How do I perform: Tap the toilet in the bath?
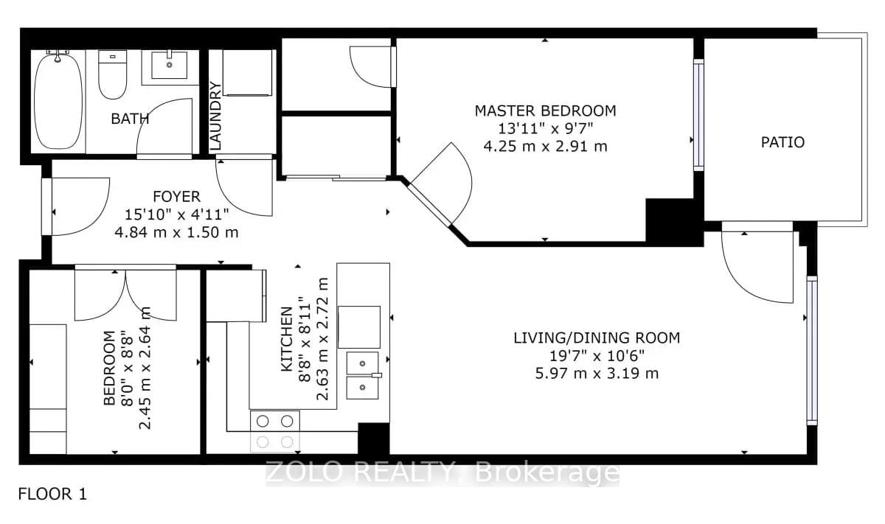click(x=113, y=76)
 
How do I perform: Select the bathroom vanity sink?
click(x=172, y=65)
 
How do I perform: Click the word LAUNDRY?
click(x=216, y=116)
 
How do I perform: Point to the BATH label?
click(x=130, y=119)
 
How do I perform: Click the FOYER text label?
click(x=176, y=197)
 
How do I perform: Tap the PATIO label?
click(x=782, y=142)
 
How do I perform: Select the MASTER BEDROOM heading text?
click(x=544, y=111)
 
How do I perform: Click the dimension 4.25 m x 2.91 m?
click(x=544, y=146)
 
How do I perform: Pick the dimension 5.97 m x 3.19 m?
click(x=596, y=373)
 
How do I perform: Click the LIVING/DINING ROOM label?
click(x=596, y=338)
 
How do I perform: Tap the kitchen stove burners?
click(x=276, y=431)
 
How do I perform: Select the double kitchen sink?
click(x=363, y=374)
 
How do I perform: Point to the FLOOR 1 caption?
click(x=52, y=494)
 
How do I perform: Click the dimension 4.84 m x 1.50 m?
click(x=176, y=232)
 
